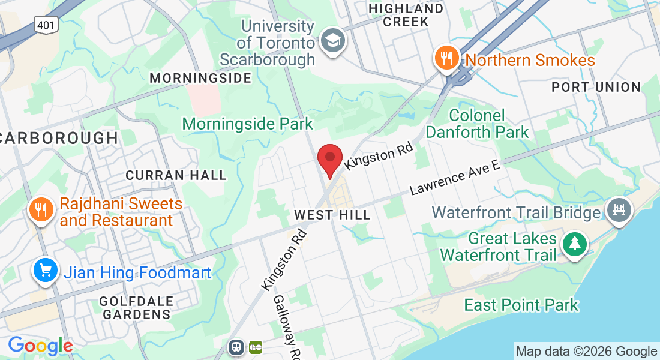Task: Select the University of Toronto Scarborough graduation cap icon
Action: (x=330, y=41)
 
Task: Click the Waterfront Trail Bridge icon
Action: (x=619, y=210)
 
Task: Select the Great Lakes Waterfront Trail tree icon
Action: (x=575, y=244)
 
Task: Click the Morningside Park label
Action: (x=247, y=124)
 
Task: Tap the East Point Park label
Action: (x=521, y=305)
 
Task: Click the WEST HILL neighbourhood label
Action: (x=332, y=215)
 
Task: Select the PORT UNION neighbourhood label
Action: (x=596, y=87)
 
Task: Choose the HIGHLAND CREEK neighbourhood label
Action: (x=406, y=15)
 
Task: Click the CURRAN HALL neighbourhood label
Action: (x=176, y=175)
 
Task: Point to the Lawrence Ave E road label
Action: (x=454, y=178)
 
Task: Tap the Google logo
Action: (x=40, y=346)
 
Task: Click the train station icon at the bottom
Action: (x=236, y=347)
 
